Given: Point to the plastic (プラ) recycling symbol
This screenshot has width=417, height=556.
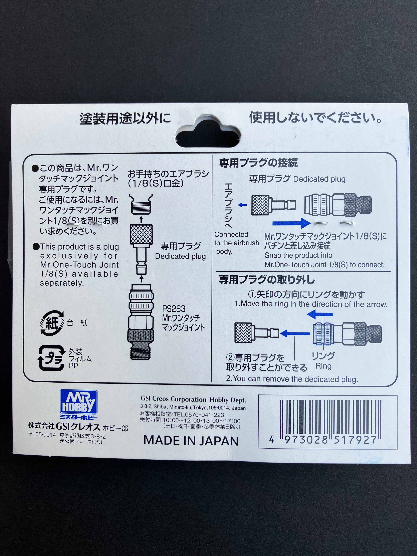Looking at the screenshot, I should point(51,358).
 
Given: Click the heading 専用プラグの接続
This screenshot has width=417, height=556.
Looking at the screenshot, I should point(258,163).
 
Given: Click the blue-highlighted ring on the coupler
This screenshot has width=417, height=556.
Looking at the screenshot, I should point(323,334).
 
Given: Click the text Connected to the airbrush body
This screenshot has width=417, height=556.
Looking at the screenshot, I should point(236,243).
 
